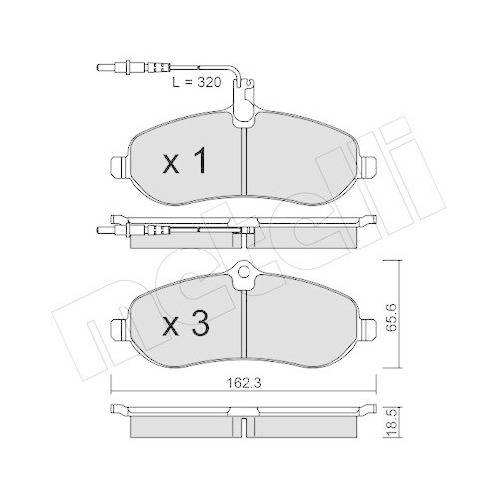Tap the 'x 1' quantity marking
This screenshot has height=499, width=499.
coord(185,160)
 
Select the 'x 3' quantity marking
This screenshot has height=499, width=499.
coord(185,324)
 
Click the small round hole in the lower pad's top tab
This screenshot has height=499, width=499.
coord(242,282)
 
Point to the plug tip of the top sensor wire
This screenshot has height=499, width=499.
coord(100,69)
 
